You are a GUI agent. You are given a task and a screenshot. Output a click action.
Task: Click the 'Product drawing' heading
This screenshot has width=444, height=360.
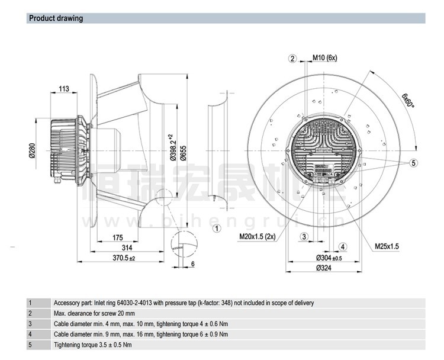56,18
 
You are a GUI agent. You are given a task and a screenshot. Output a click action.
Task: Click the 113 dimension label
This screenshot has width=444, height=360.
63,89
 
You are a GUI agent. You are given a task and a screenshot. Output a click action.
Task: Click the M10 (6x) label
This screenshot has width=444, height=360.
324,58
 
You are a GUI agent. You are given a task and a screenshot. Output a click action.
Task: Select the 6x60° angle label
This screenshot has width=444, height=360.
408,98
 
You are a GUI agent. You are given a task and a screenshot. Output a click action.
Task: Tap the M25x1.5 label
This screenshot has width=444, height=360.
387,246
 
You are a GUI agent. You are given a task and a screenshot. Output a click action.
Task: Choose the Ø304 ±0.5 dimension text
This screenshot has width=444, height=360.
329,258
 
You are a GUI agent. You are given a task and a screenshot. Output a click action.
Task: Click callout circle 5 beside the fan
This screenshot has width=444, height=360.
414,163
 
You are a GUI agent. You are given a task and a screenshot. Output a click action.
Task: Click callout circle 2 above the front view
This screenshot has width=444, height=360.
292,58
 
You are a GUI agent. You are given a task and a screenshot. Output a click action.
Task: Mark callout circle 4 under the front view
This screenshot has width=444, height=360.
343,246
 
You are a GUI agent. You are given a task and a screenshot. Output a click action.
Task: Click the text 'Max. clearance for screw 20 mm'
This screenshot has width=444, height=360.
94,313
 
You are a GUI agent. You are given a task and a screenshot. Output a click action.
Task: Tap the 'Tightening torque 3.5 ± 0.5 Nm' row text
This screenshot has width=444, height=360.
93,345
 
